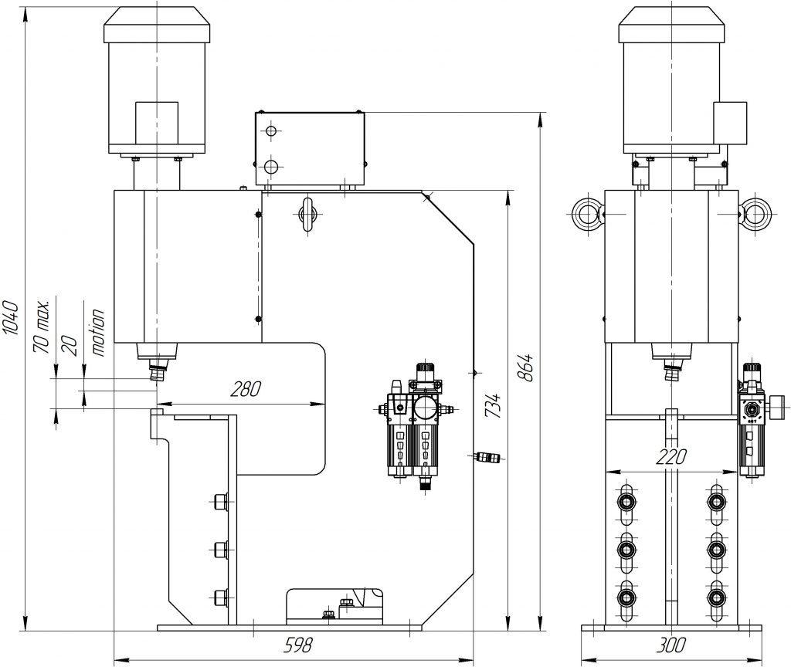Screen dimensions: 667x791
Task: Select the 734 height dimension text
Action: (x=491, y=406)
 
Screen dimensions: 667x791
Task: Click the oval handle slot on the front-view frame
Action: (x=307, y=213)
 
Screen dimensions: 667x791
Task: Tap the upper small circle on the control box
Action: (x=270, y=132)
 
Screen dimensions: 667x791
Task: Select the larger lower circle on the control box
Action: (x=270, y=166)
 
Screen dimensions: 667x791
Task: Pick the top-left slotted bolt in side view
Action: (x=624, y=502)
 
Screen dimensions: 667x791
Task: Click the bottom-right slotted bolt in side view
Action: (x=718, y=597)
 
